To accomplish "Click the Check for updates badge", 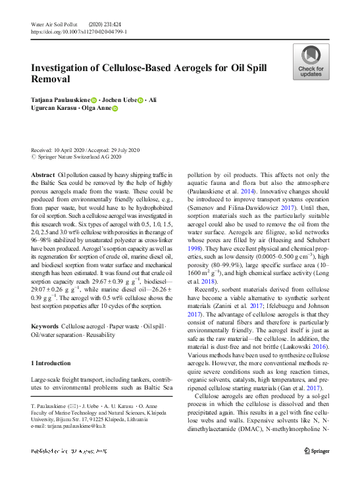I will tap(311, 62).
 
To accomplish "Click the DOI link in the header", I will tap(79, 31).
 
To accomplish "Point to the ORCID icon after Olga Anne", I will tap(115, 109).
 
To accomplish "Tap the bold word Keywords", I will tap(44, 327).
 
